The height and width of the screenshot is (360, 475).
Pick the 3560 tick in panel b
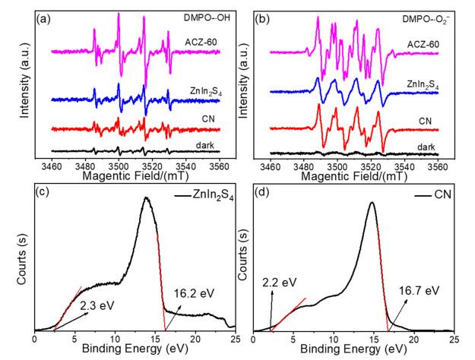(x=453, y=165)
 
